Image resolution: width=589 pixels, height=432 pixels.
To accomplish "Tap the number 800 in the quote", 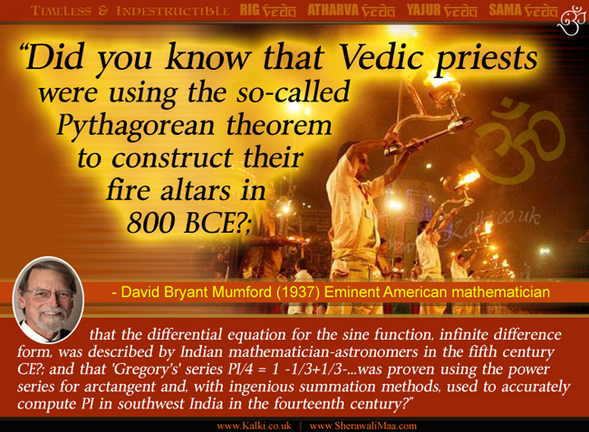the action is pos(150,223).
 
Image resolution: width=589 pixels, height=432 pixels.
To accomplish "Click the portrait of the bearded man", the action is pos(48,300).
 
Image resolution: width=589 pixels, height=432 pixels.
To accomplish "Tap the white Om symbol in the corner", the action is pos(572,19).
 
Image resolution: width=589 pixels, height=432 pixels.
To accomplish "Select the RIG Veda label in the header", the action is pos(267,10).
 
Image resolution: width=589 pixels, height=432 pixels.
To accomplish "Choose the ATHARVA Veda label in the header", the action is pos(351,10).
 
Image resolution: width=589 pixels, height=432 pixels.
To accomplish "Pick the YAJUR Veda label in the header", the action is pos(442,10).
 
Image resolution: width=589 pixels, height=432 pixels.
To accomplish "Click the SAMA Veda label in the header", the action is pos(523,10).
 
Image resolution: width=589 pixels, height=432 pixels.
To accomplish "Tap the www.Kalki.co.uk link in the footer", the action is pos(255,426).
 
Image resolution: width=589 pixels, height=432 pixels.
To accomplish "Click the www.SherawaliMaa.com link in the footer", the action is pos(362,426).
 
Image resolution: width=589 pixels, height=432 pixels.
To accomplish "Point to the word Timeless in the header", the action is pos(62,11).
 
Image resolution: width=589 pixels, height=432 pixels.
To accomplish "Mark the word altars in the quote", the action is pos(196,191).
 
